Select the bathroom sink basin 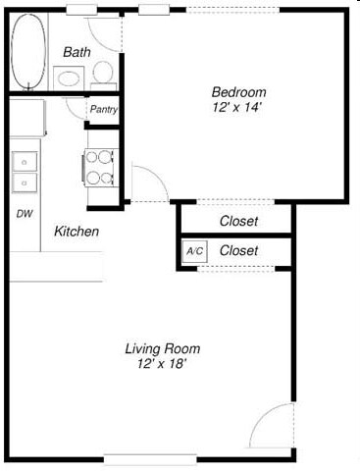(69, 78)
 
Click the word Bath (77, 51)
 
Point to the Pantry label (104, 110)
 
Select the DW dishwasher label (24, 212)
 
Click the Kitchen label (77, 232)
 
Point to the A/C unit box (194, 251)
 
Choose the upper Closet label (238, 221)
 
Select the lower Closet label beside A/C (238, 251)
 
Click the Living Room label (162, 348)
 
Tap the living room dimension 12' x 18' (162, 363)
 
